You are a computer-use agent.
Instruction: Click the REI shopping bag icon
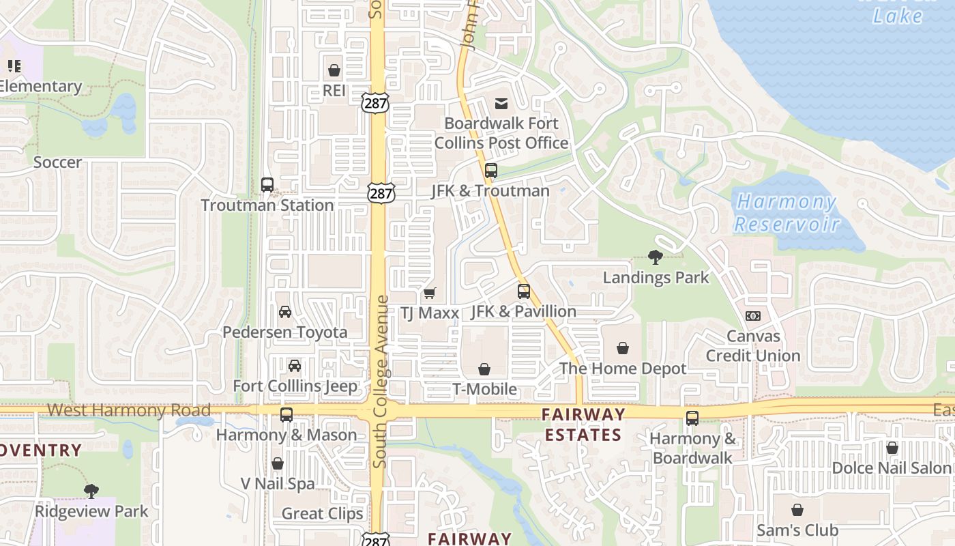(x=334, y=70)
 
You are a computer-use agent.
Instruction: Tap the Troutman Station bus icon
(x=267, y=184)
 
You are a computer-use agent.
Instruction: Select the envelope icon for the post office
(x=501, y=104)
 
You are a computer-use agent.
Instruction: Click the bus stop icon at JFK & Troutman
(x=491, y=171)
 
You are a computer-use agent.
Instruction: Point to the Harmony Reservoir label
(x=787, y=212)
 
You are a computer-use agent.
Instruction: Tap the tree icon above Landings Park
(x=656, y=257)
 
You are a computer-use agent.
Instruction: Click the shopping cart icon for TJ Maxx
(x=429, y=293)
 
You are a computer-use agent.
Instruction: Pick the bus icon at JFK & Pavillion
(x=524, y=291)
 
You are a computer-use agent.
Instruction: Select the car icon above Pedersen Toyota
(x=285, y=312)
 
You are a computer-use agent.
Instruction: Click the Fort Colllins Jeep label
(x=295, y=386)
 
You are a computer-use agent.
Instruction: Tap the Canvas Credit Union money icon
(x=753, y=316)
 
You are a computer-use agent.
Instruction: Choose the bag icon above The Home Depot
(x=623, y=349)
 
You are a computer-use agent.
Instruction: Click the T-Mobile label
(x=485, y=390)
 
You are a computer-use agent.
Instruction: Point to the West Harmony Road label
(x=129, y=411)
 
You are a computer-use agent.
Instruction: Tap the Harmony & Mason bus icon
(x=286, y=414)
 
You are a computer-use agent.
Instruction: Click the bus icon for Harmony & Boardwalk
(x=692, y=418)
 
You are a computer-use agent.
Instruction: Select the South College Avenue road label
(x=381, y=382)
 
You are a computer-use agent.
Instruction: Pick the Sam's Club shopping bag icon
(x=797, y=510)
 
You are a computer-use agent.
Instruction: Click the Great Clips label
(x=323, y=514)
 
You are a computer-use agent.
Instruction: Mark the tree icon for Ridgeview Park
(x=91, y=491)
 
